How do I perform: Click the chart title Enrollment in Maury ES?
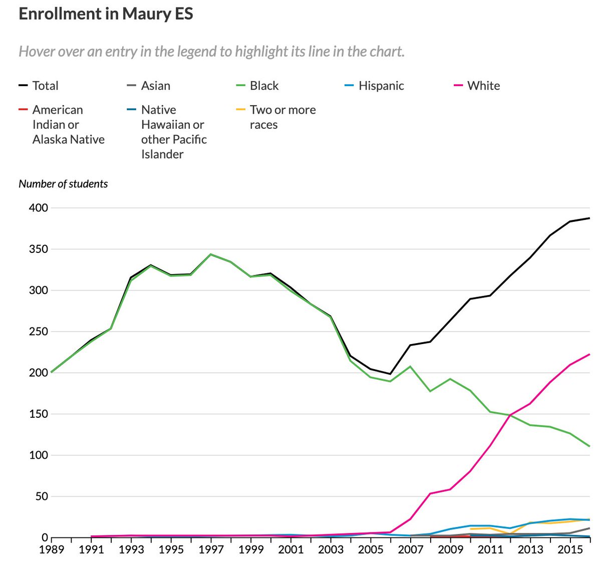point(106,14)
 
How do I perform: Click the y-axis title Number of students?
point(63,184)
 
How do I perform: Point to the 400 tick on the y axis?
point(39,208)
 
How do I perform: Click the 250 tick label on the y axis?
point(39,332)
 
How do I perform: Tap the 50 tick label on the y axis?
point(42,496)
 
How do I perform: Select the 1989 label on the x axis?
point(52,549)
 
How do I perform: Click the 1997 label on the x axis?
point(211,549)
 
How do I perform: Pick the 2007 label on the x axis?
point(410,549)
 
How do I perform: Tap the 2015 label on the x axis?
point(570,549)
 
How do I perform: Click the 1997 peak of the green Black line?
point(211,254)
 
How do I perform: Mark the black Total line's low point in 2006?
point(390,374)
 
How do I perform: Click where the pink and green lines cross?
point(510,415)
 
